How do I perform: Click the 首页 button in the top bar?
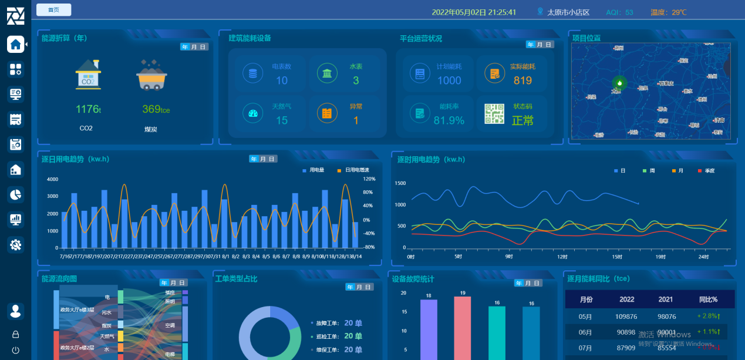click(x=53, y=10)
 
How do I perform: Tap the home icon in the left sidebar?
click(x=15, y=44)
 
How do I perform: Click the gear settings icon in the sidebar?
click(x=15, y=245)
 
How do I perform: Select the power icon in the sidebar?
click(x=15, y=351)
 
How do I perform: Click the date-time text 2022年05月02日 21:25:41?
click(x=474, y=12)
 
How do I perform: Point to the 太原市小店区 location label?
click(x=568, y=12)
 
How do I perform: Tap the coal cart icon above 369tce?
click(x=151, y=75)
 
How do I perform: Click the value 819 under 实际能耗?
click(x=522, y=80)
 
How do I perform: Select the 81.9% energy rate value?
click(x=449, y=120)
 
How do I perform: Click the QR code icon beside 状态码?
click(x=494, y=114)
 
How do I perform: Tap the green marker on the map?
click(x=619, y=83)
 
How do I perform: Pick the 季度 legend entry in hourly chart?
click(x=706, y=170)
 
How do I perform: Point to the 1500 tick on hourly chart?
click(x=400, y=183)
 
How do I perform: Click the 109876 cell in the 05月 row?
click(x=626, y=317)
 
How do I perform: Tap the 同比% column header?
click(x=708, y=300)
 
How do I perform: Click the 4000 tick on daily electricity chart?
click(x=52, y=179)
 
